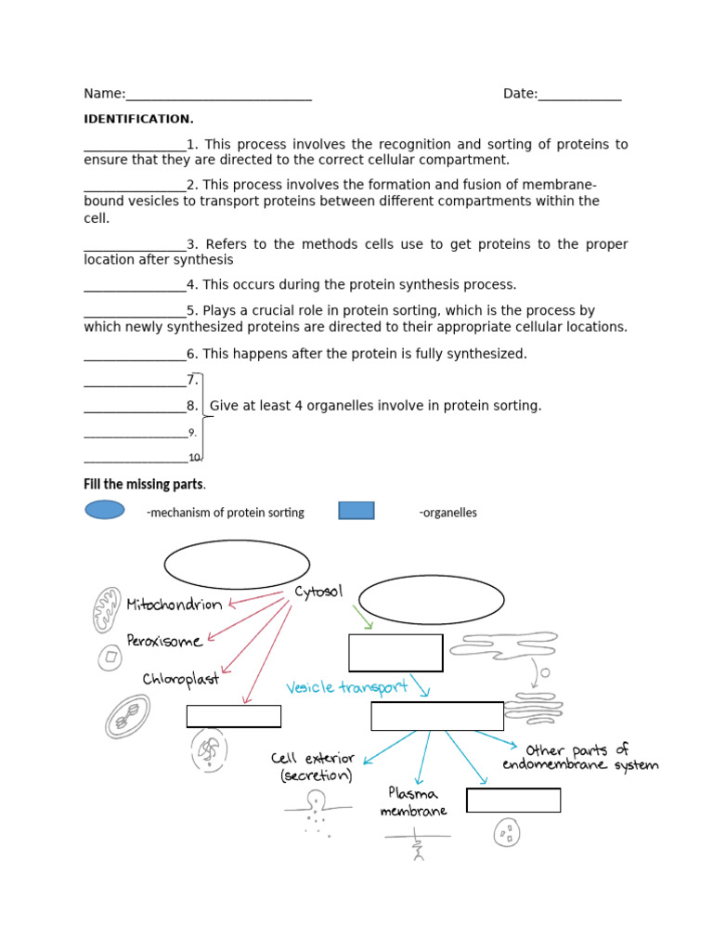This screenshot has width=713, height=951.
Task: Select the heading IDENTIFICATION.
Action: (138, 119)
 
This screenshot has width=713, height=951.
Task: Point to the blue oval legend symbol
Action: (105, 510)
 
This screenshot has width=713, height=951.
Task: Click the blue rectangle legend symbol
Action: (356, 511)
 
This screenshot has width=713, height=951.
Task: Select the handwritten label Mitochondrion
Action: (175, 605)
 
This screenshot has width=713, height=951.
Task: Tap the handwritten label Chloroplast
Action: (181, 679)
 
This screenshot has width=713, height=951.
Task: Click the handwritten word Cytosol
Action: (318, 592)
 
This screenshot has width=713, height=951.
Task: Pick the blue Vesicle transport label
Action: (347, 688)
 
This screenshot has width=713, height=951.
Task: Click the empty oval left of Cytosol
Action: (237, 565)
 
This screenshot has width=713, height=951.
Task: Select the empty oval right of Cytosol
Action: (431, 600)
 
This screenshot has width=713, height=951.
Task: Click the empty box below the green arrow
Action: (395, 653)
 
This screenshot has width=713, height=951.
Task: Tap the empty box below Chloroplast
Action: (234, 716)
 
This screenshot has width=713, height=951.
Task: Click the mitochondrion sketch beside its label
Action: (106, 610)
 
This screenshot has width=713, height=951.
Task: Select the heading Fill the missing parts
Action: (144, 485)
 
